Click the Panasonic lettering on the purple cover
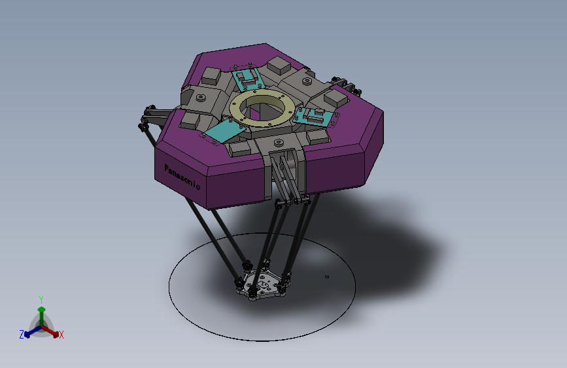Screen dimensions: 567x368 coord(182,177)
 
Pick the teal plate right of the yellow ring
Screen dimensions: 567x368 coord(313,117)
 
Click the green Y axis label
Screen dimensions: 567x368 coord(41,299)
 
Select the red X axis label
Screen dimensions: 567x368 coord(61,335)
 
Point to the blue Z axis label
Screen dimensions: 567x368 coord(22,335)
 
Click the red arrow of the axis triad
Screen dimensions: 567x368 coord(50,331)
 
